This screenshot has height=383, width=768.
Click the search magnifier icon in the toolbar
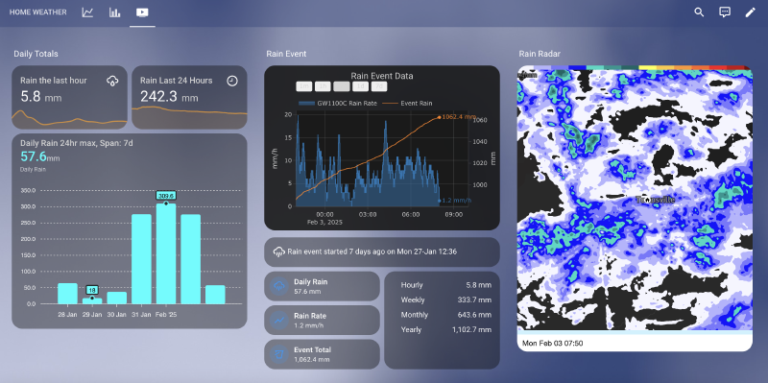tap(699, 12)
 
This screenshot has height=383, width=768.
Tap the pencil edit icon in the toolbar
tap(751, 12)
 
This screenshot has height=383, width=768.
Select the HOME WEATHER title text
tap(38, 12)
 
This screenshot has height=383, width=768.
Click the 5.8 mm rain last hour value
tap(31, 97)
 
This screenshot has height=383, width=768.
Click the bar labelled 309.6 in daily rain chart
tap(166, 252)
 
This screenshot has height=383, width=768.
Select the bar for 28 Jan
tap(67, 293)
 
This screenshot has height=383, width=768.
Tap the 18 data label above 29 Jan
tap(92, 289)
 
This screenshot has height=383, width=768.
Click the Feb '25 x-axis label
tap(166, 314)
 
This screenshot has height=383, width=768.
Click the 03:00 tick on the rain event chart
tap(369, 214)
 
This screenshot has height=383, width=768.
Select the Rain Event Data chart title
tap(382, 75)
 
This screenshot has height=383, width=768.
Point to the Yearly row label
tap(411, 329)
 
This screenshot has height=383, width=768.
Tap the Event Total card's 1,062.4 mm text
tap(313, 359)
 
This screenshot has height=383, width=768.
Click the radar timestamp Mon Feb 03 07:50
tap(552, 342)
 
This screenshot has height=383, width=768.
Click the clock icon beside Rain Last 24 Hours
tap(232, 81)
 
